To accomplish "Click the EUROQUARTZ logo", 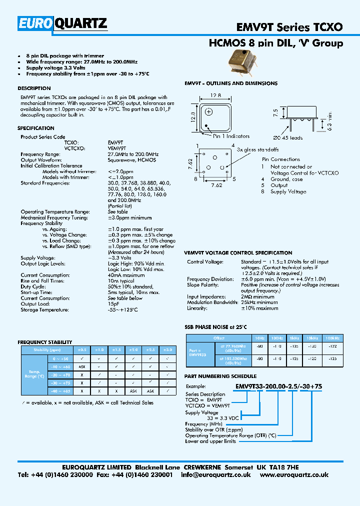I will pyautogui.click(x=62, y=23).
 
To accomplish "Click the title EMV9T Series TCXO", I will pyautogui.click(x=289, y=27).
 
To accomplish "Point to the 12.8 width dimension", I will pyautogui.click(x=215, y=95).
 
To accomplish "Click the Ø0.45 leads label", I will pyautogui.click(x=288, y=138).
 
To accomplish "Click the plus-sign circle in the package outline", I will pyautogui.click(x=209, y=112).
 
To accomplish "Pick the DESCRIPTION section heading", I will pyautogui.click(x=34, y=88).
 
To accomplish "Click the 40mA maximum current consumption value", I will pyautogui.click(x=126, y=275).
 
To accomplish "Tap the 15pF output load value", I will pyautogui.click(x=113, y=304).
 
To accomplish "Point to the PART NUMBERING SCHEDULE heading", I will pyautogui.click(x=220, y=376).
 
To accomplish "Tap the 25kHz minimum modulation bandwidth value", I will pyautogui.click(x=259, y=302).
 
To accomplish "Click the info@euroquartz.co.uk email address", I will pyautogui.click(x=216, y=475).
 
